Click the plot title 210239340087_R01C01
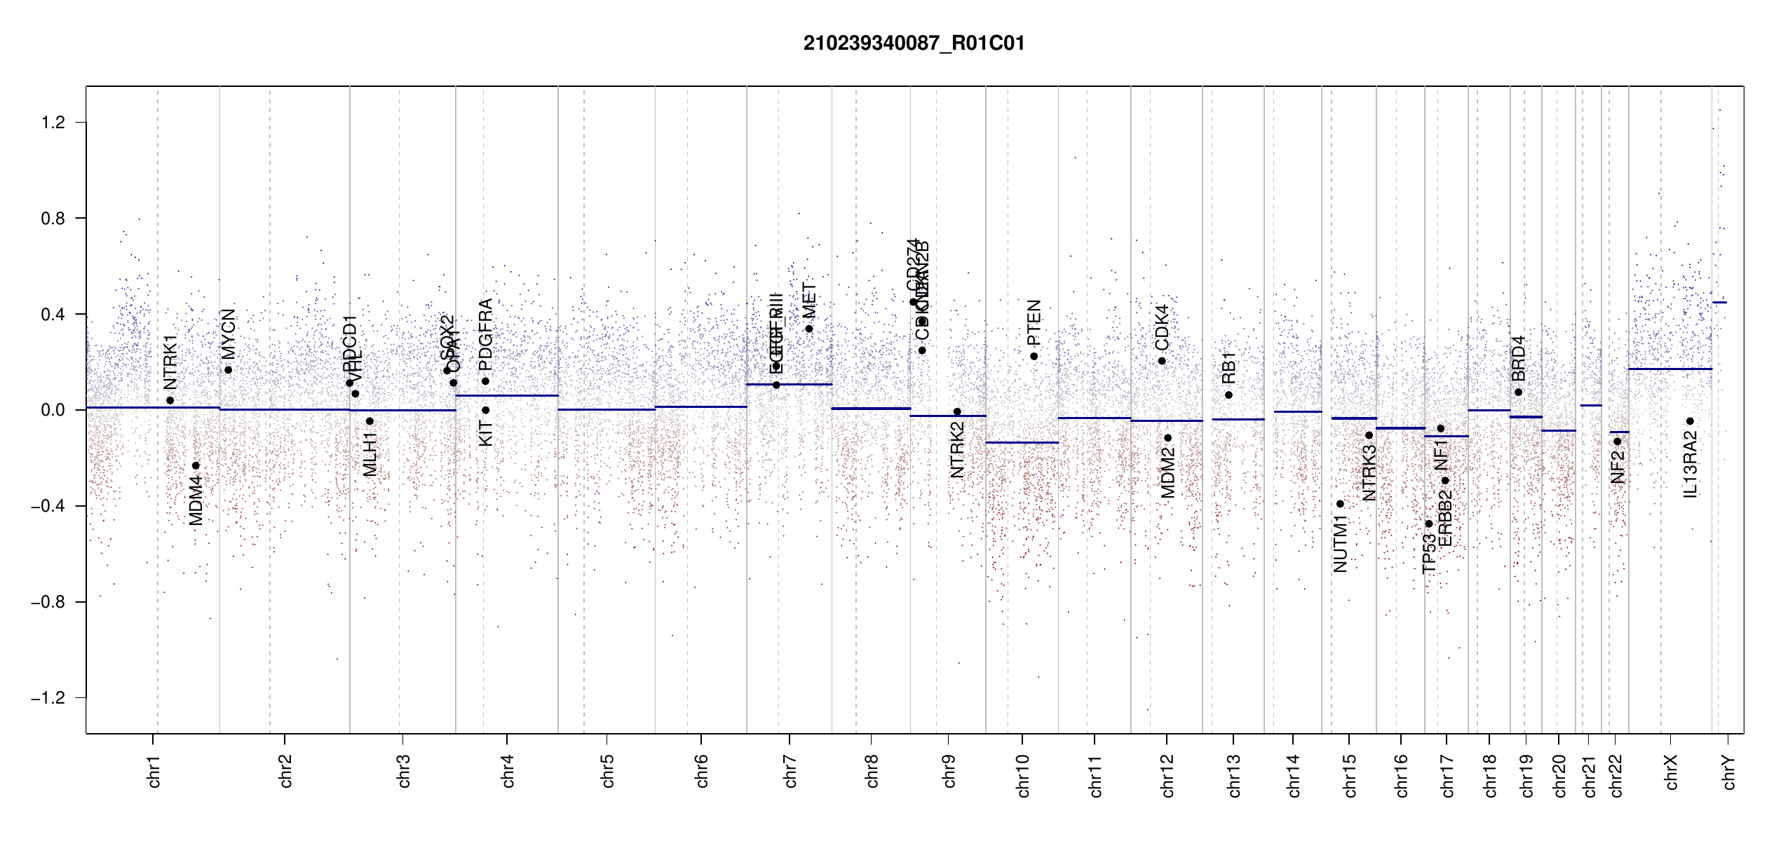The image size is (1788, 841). click(914, 43)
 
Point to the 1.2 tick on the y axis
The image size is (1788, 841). click(53, 123)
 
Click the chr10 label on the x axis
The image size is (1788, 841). click(1023, 775)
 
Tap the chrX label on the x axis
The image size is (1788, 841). click(1672, 772)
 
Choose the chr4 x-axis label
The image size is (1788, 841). click(508, 771)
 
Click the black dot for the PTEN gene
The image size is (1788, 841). click(1034, 357)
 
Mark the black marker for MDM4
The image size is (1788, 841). click(196, 466)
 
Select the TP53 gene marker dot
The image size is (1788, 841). click(1429, 524)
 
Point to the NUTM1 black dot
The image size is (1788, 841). click(1340, 504)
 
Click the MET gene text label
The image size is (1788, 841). click(809, 300)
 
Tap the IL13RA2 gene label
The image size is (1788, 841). click(1691, 465)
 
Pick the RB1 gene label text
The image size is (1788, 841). click(1228, 368)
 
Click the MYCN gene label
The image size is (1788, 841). click(228, 332)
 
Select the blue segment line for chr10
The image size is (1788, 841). click(1022, 443)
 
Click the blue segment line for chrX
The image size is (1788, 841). click(1670, 369)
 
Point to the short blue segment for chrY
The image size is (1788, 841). click(1719, 303)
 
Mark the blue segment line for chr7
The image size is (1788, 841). click(789, 384)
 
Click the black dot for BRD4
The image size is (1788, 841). click(1518, 392)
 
